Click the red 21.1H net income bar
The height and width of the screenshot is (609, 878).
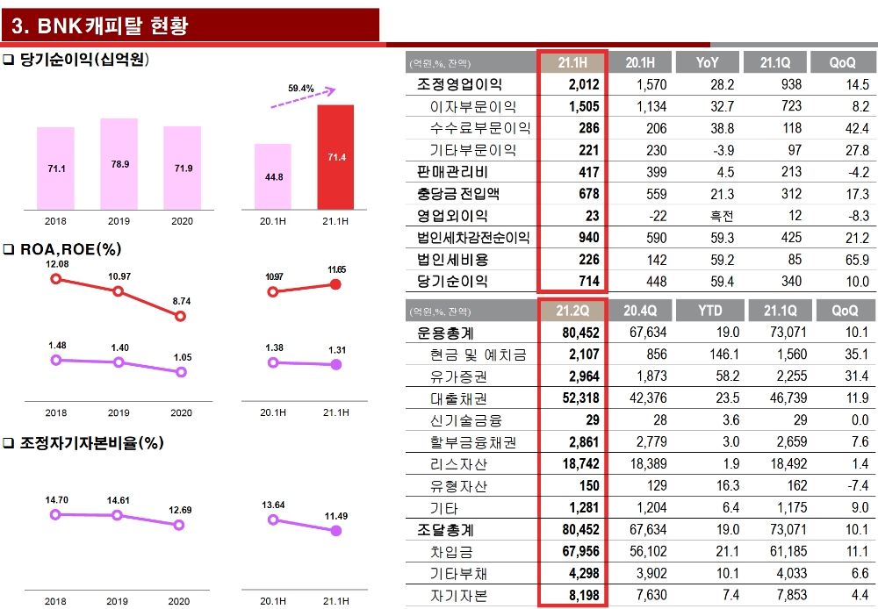335,157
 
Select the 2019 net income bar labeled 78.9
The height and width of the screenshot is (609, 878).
119,164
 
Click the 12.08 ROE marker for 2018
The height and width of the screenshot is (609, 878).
56,279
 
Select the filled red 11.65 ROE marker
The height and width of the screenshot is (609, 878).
335,284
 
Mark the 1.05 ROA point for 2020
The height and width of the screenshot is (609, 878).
181,372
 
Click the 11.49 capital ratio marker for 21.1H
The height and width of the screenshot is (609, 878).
335,531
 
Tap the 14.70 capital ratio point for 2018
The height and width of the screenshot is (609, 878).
56,514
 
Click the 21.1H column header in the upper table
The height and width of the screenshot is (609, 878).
572,62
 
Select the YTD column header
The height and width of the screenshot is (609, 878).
709,311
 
